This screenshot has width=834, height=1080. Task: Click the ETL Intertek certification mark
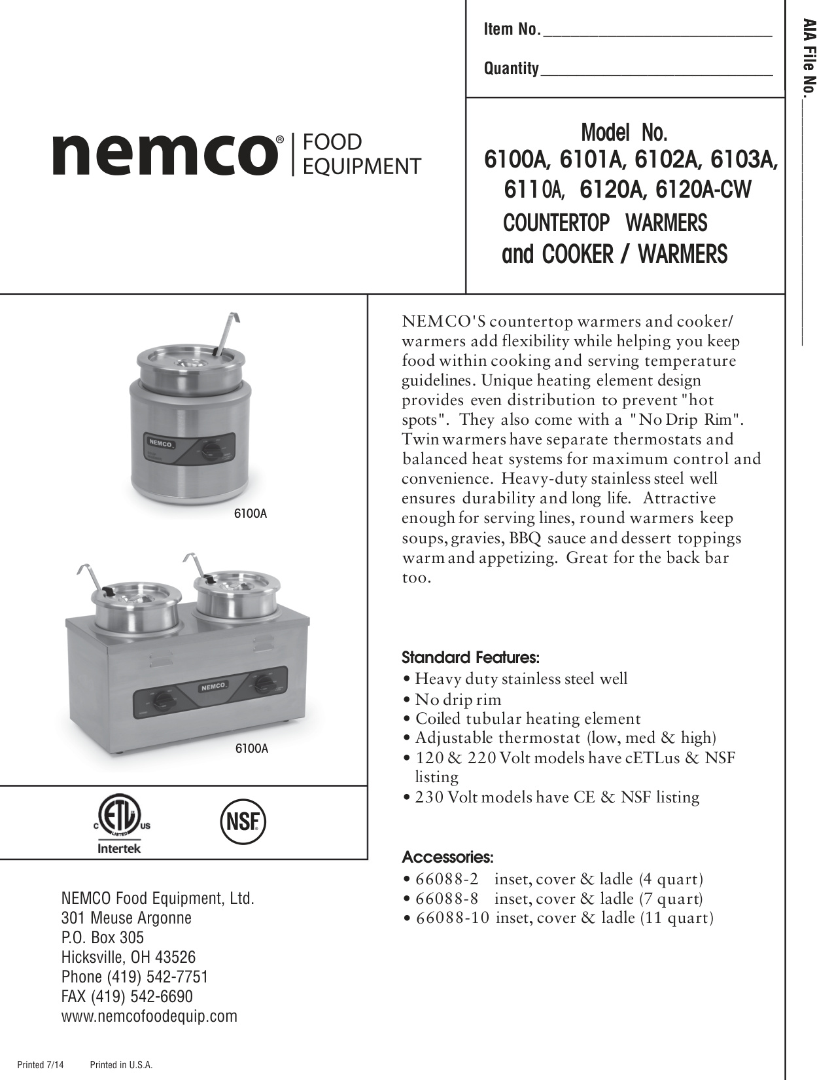(118, 826)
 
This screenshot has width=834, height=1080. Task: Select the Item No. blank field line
(657, 35)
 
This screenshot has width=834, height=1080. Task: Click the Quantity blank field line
(657, 73)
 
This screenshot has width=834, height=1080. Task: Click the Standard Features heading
(470, 657)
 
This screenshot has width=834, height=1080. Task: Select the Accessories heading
(447, 857)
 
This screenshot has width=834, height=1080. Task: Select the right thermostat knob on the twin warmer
(264, 684)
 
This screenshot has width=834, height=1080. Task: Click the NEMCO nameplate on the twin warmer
(213, 687)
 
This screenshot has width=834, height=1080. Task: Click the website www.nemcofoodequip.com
(149, 1016)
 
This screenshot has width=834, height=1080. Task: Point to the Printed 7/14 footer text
(41, 1065)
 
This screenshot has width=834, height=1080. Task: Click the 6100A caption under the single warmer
(251, 514)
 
